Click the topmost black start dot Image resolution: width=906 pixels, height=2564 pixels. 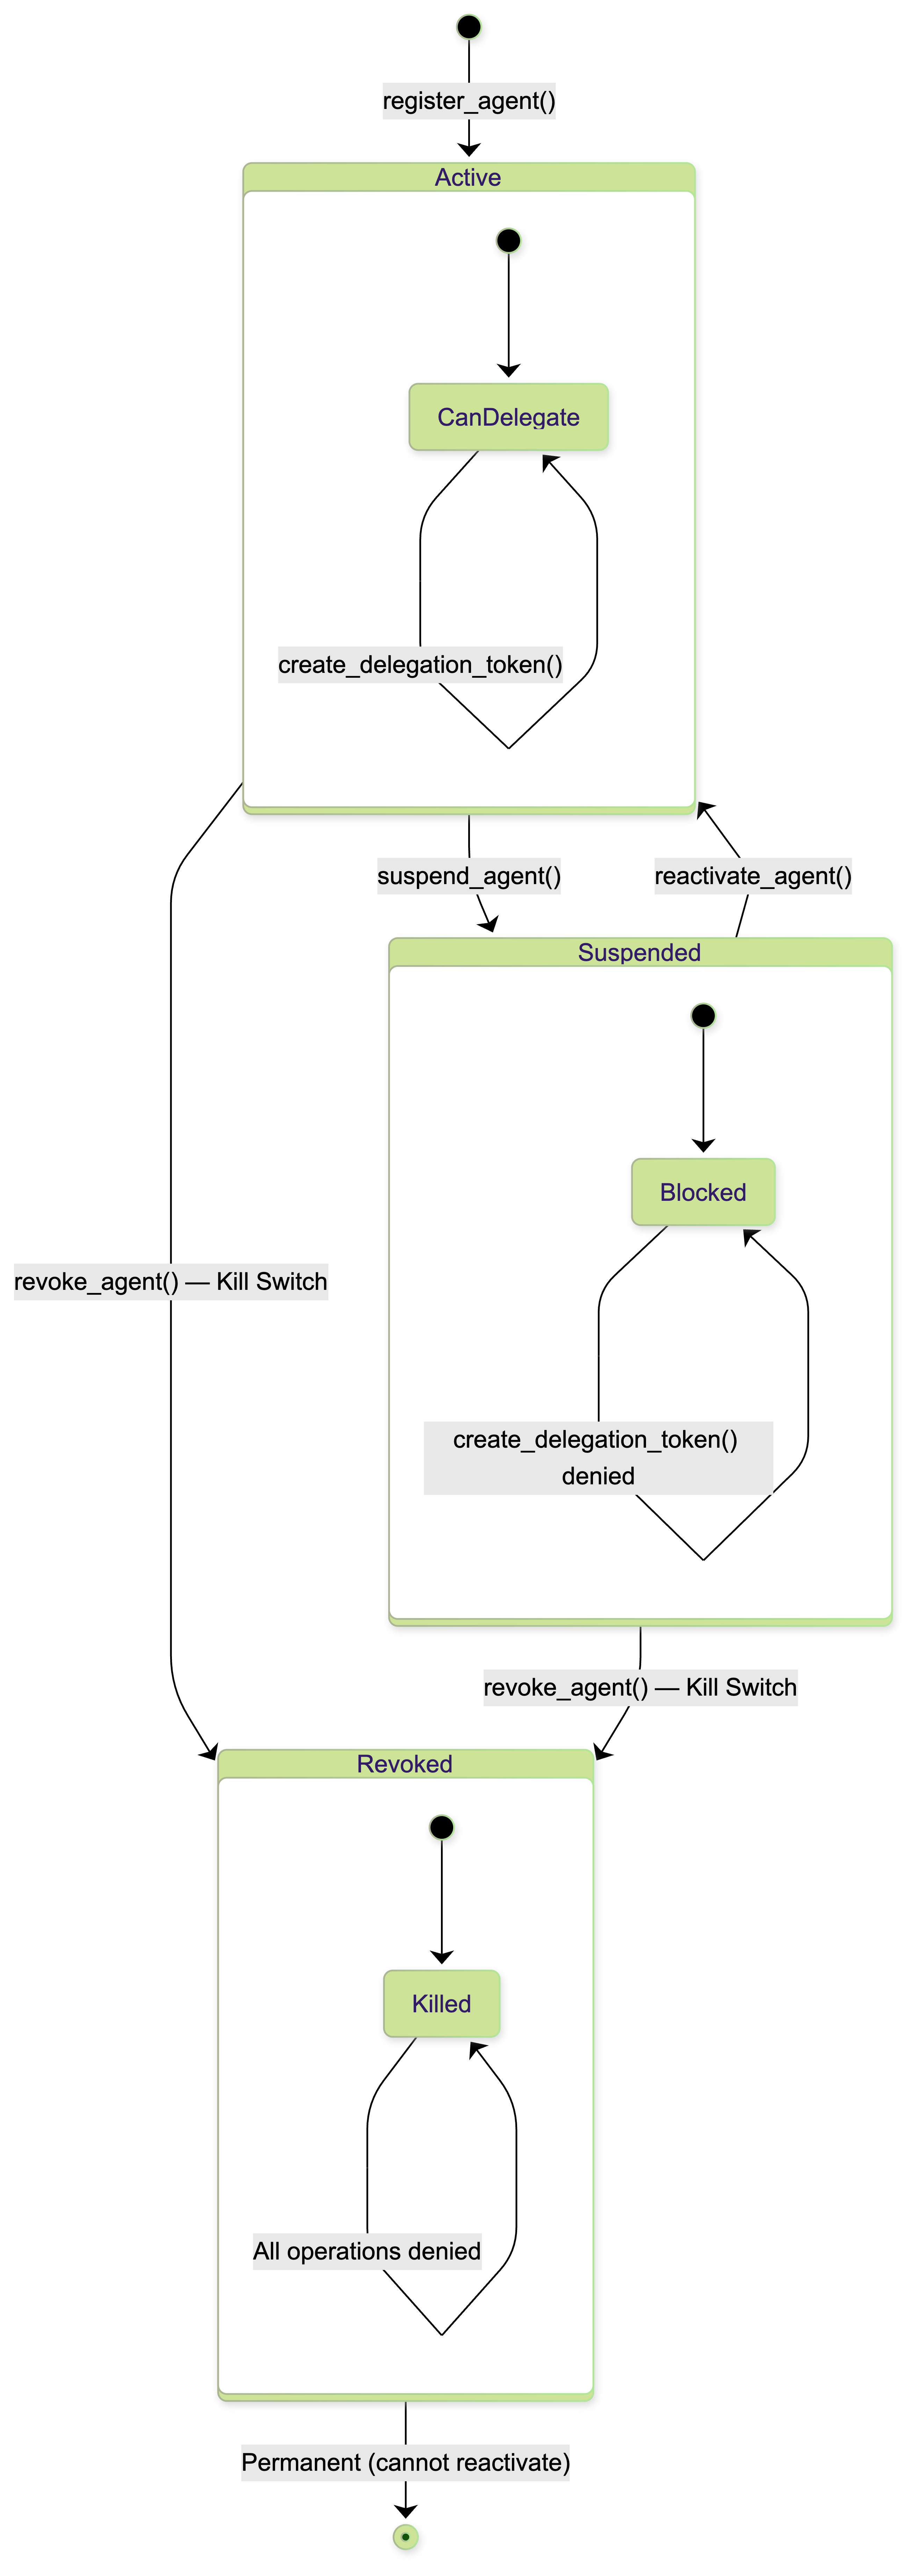pyautogui.click(x=469, y=27)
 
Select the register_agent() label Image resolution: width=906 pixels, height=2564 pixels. pyautogui.click(x=469, y=101)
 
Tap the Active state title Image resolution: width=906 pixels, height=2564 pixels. pyautogui.click(x=468, y=177)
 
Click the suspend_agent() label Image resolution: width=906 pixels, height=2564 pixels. pyautogui.click(x=469, y=876)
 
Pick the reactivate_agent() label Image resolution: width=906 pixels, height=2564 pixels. pyautogui.click(x=753, y=876)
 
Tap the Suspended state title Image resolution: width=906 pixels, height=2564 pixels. pyautogui.click(x=639, y=953)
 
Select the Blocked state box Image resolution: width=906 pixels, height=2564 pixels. pyautogui.click(x=703, y=1192)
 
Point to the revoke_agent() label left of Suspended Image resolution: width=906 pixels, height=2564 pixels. pyautogui.click(x=170, y=1281)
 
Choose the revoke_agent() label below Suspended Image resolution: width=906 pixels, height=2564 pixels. pyautogui.click(x=640, y=1687)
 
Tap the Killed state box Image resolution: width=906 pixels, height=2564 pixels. pyautogui.click(x=441, y=2004)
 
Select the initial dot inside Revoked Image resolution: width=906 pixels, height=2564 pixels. pyautogui.click(x=441, y=1828)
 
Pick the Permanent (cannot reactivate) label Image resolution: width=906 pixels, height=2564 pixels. pyautogui.click(x=405, y=2462)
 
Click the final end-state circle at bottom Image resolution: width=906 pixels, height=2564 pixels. pyautogui.click(x=405, y=2537)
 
